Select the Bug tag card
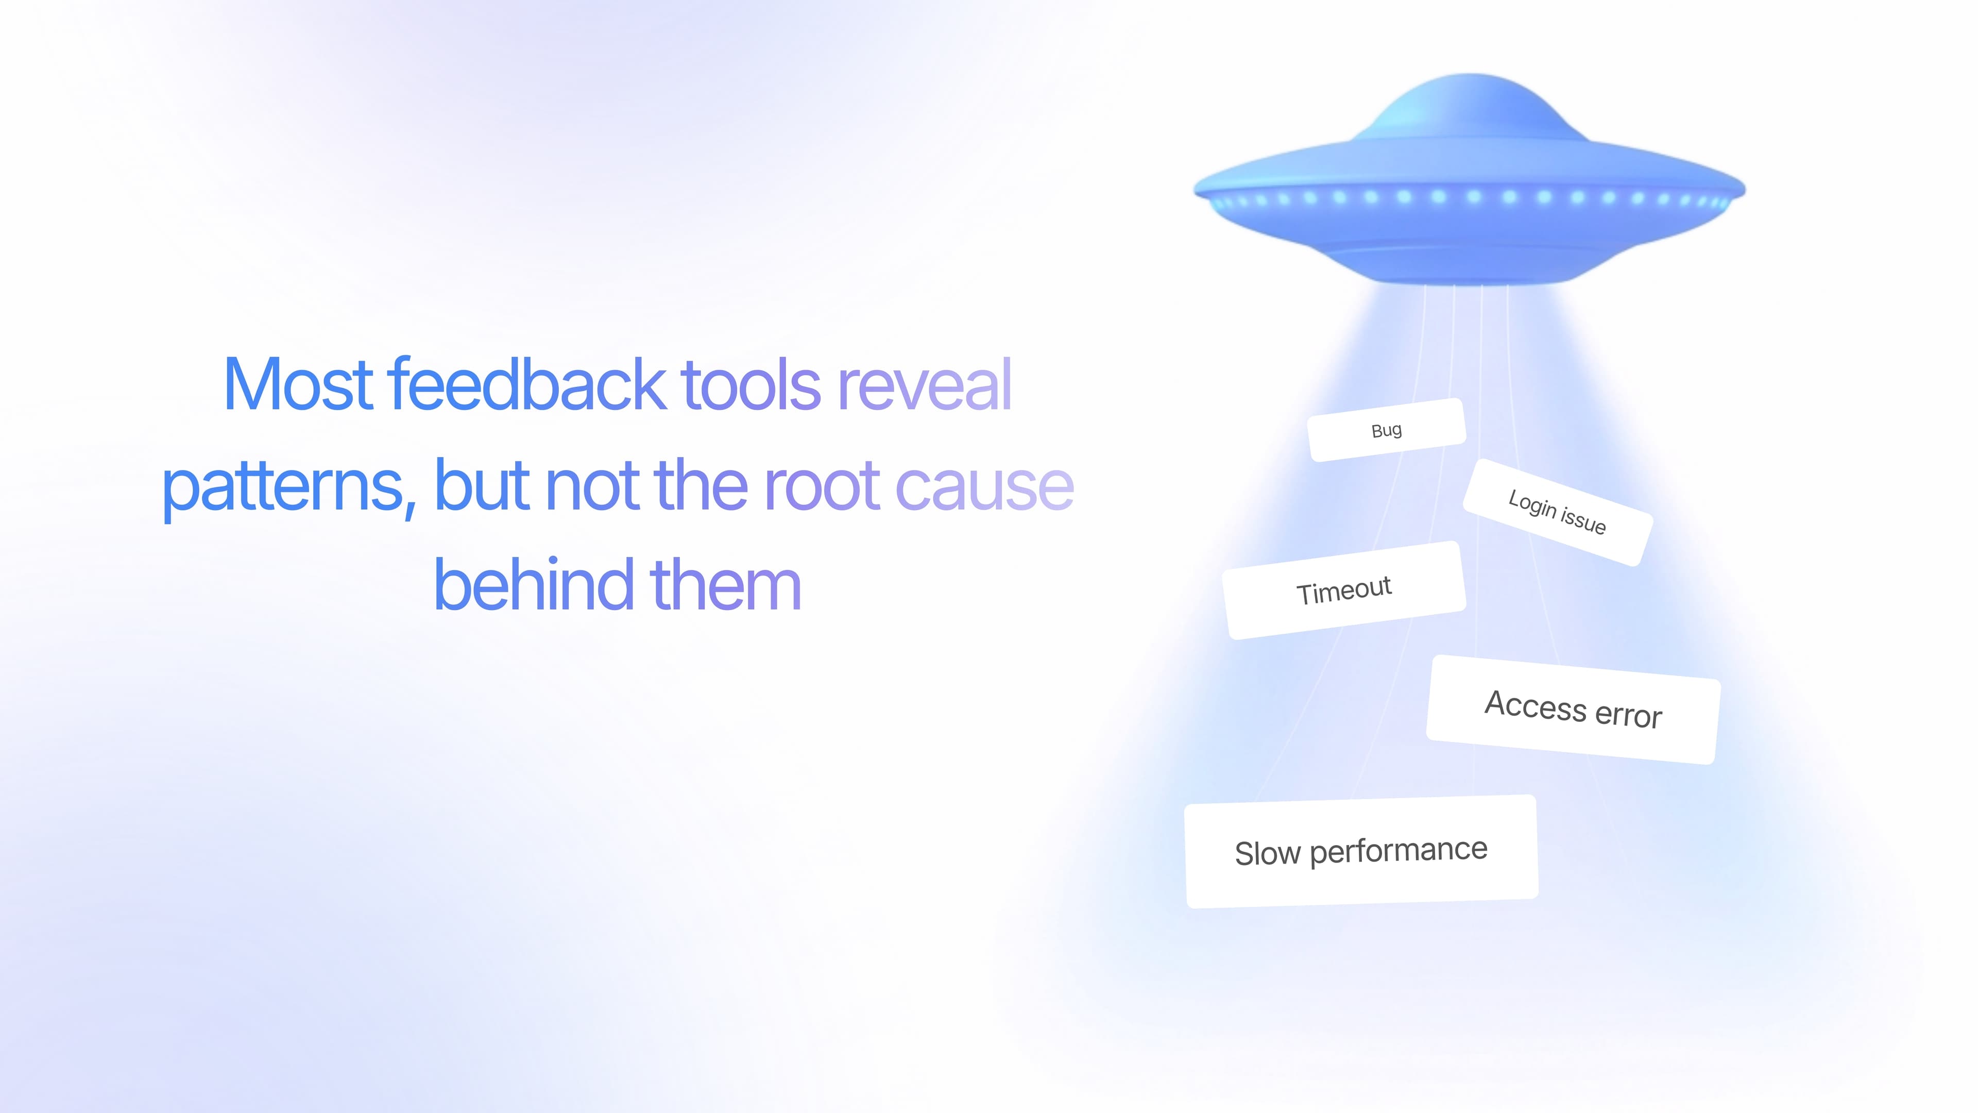1387,430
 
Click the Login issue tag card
1557,512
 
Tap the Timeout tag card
1344,591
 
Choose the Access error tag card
1573,709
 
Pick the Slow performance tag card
1361,851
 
